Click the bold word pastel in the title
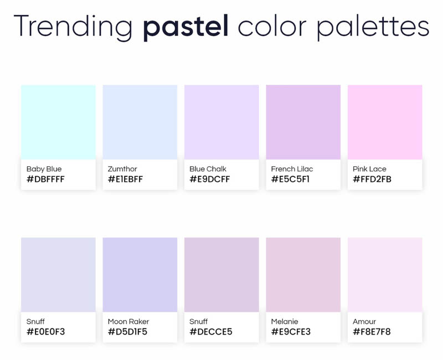(186, 27)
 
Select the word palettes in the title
(373, 26)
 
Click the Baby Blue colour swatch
(58, 122)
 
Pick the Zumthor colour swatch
(140, 122)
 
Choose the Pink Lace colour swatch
(385, 122)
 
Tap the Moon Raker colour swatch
(140, 275)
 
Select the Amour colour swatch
(385, 275)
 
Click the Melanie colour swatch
(303, 275)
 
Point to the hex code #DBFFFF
(45, 179)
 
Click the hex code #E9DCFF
(210, 179)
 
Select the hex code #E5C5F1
(290, 179)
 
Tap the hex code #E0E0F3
(46, 331)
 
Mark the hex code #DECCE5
(211, 331)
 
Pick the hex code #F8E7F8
(372, 331)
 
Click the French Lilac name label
(292, 169)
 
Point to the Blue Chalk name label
(208, 169)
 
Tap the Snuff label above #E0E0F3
(35, 322)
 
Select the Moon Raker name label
(128, 322)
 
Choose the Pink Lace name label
(369, 169)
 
